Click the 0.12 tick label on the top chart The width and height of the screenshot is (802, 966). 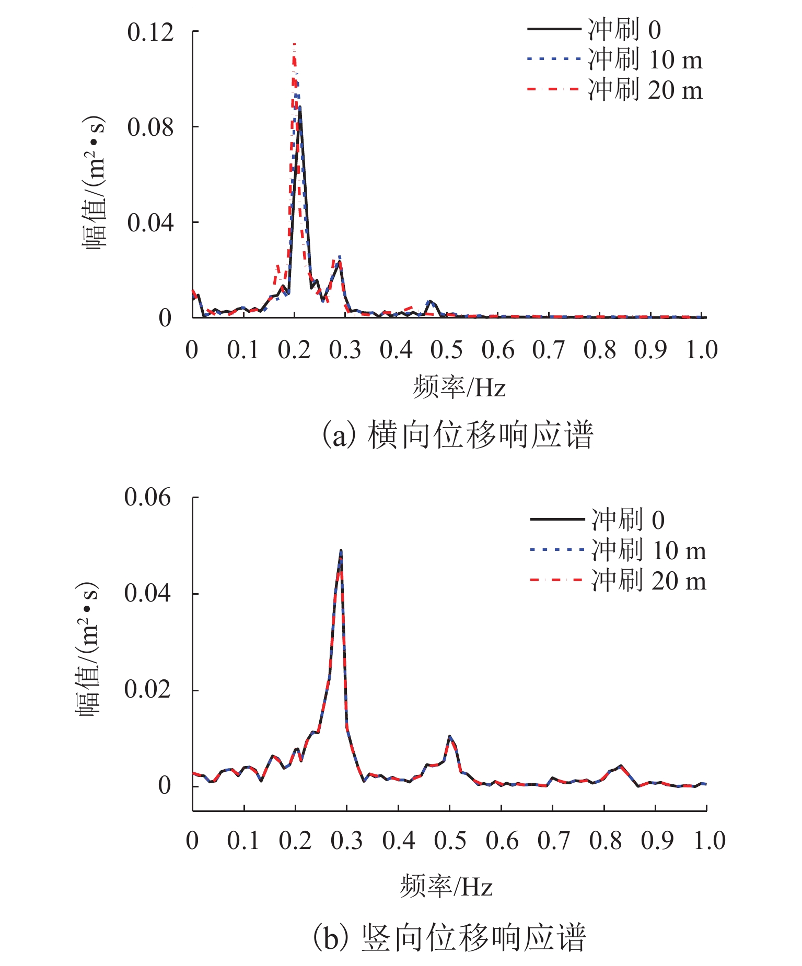pos(150,32)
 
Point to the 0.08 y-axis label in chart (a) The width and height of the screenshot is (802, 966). pos(150,127)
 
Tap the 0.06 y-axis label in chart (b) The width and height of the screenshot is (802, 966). pos(147,497)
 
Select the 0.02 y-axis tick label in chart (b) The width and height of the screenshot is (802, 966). pos(147,690)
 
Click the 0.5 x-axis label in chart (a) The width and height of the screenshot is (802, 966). pos(447,350)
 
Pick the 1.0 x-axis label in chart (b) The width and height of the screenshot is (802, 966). pos(709,841)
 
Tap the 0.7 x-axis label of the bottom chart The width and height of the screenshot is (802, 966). pos(554,841)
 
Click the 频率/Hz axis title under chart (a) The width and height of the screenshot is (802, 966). pos(459,388)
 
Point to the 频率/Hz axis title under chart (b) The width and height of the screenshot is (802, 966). pos(447,887)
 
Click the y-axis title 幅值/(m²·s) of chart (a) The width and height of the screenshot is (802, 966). pos(94,183)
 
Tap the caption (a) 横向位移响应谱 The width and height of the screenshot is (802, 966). pos(458,435)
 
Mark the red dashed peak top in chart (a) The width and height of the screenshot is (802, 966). pos(295,44)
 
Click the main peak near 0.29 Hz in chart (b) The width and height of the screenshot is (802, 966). pos(341,550)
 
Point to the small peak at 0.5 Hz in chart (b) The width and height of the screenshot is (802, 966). pos(449,736)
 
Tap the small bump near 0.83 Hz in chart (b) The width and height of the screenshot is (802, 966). pos(620,766)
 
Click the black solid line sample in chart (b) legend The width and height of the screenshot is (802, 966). pos(557,519)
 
